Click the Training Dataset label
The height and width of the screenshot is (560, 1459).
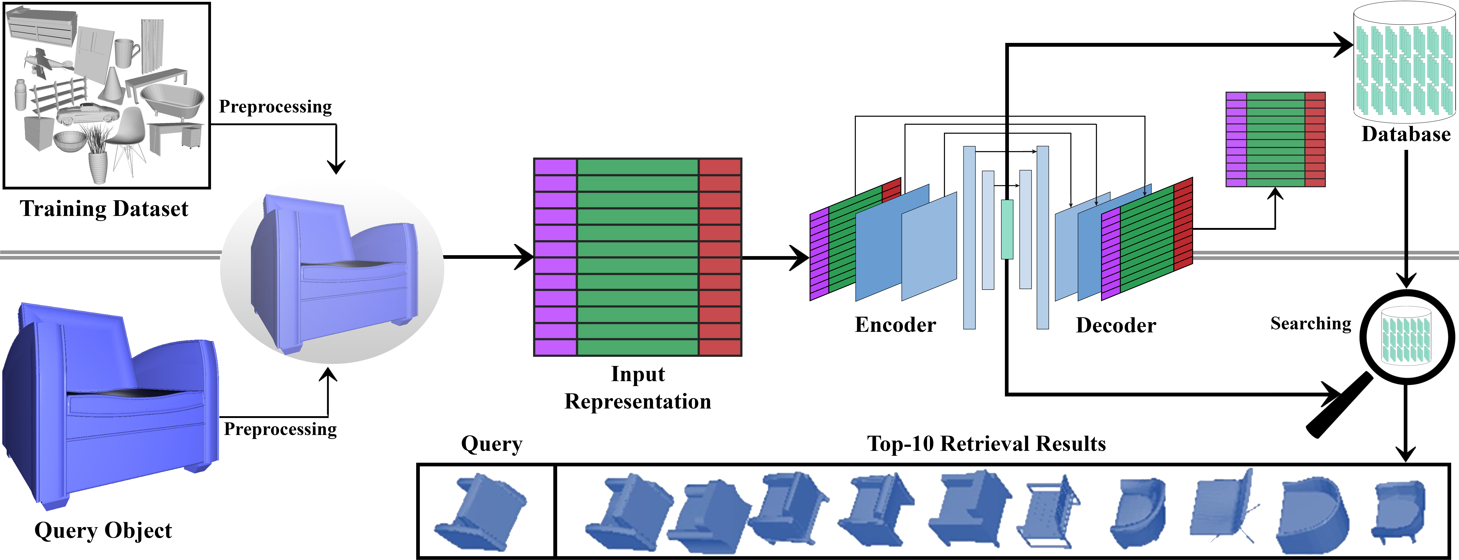tap(104, 209)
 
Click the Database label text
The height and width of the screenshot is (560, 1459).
tap(1406, 134)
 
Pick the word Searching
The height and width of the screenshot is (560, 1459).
tap(1311, 323)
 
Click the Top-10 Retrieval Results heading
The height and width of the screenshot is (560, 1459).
tap(986, 444)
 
